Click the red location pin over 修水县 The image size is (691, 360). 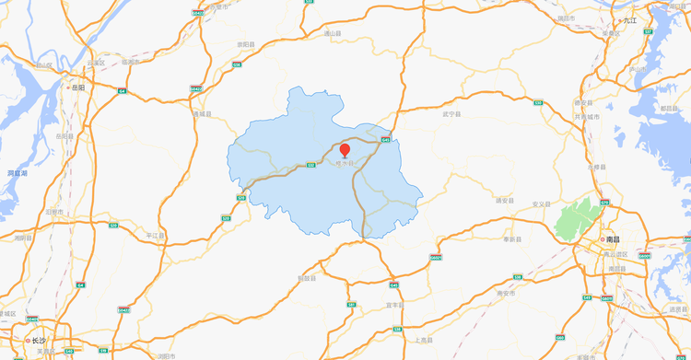pos(345,150)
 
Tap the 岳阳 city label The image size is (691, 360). pos(77,87)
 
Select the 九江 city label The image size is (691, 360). pos(629,18)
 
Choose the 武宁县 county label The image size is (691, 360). pos(451,114)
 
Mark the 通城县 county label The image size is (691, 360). pos(203,113)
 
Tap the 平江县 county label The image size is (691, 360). pos(155,236)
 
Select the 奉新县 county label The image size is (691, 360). pos(512,238)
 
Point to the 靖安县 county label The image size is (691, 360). pos(504,199)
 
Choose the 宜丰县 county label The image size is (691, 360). pos(395,305)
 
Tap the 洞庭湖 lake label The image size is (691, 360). pos(18,172)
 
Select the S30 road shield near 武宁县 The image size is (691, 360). pos(539,103)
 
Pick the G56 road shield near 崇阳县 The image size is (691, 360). pos(237,64)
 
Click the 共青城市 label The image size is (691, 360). pos(586,117)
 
